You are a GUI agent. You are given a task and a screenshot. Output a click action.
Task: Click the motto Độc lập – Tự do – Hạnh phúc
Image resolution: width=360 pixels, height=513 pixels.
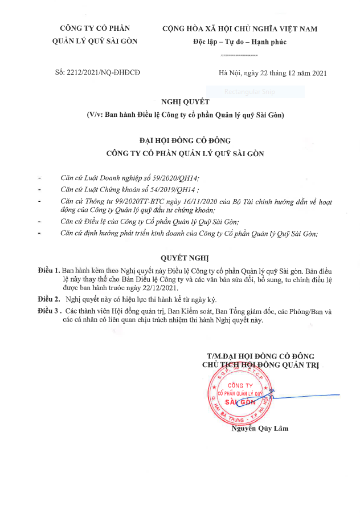[239, 42]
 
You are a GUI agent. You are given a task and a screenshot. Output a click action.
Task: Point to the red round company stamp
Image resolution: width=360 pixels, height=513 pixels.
[239, 397]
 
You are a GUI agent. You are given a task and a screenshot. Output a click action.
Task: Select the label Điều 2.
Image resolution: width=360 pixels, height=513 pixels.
[49, 299]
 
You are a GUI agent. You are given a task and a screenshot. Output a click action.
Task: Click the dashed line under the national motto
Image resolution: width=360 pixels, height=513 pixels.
[239, 54]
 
